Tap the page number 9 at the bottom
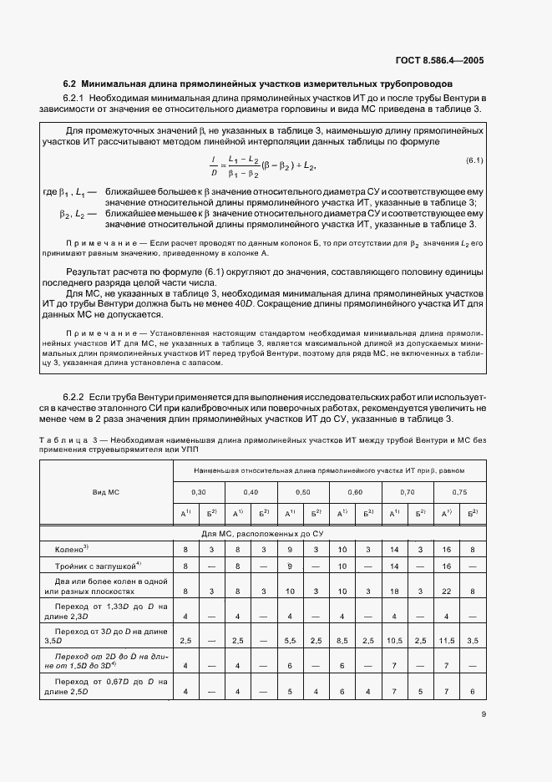click(483, 713)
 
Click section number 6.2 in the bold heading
click(70, 84)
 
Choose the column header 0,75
click(459, 492)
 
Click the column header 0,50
click(303, 492)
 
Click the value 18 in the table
click(395, 591)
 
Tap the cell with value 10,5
click(395, 640)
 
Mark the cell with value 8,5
click(342, 640)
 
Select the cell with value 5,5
click(290, 640)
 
